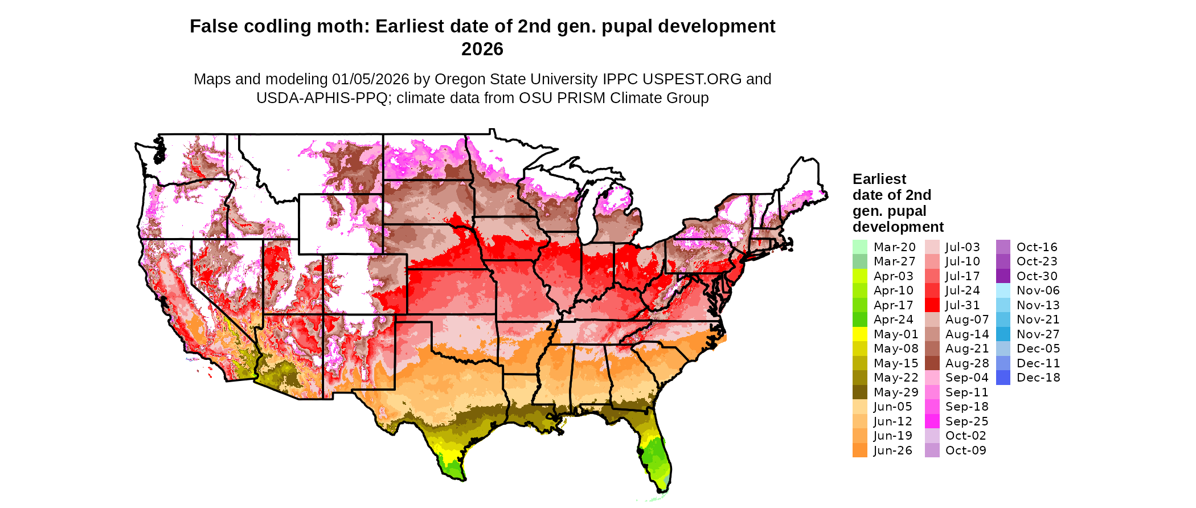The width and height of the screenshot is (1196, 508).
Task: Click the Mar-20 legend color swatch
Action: pos(860,247)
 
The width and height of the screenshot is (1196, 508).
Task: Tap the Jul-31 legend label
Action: pos(962,305)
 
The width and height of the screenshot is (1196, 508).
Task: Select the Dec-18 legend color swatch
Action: pos(1003,378)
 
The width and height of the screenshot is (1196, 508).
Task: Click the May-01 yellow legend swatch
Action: pos(860,334)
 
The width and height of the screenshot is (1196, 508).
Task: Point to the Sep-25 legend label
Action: pos(966,421)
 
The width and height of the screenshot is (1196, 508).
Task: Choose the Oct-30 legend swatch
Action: pos(1003,276)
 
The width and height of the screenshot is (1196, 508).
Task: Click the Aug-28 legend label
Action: pos(967,363)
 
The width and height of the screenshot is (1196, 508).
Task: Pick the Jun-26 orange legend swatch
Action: pos(860,450)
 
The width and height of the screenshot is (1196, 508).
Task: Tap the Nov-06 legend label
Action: pos(1038,290)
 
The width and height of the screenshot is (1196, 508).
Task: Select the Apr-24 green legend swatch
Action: pos(860,319)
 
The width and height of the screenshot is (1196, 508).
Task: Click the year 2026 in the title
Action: pos(482,50)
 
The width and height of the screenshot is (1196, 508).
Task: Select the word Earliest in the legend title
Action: pos(879,179)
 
